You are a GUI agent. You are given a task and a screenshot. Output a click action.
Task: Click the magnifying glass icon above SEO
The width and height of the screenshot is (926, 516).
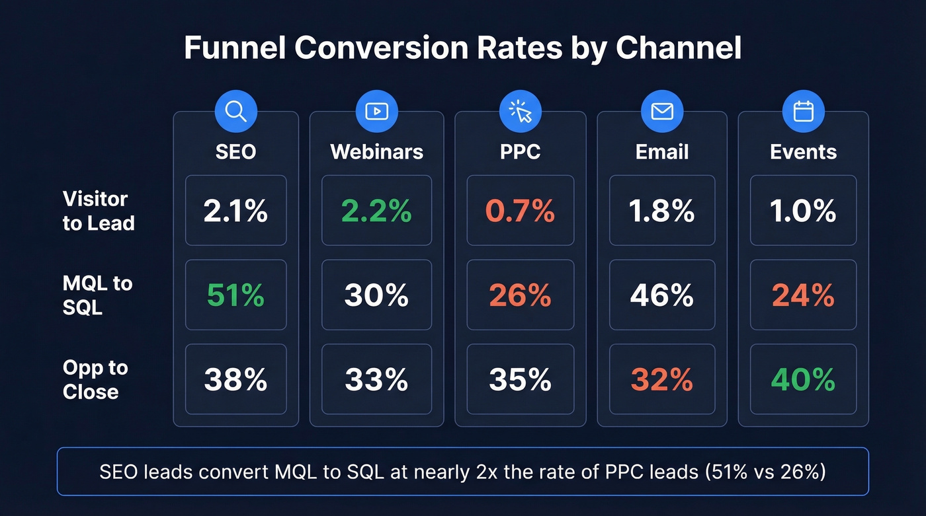coord(235,111)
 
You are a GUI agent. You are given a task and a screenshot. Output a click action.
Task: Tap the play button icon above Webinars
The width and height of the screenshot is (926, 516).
coord(376,111)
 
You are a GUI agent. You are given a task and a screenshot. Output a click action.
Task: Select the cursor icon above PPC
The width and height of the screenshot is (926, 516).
coord(521,112)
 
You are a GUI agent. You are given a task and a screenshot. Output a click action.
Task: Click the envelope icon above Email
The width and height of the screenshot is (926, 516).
coord(662,111)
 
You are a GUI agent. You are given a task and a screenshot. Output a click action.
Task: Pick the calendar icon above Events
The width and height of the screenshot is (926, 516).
coord(803,111)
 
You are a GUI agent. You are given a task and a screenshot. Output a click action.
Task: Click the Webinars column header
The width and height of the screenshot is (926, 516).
coord(376,151)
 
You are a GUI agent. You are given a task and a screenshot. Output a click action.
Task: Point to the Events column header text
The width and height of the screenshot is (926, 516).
coord(803,151)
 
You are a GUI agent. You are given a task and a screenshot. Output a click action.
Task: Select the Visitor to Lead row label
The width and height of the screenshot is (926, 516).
coord(99,211)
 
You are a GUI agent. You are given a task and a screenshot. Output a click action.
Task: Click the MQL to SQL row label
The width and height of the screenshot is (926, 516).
coord(97,295)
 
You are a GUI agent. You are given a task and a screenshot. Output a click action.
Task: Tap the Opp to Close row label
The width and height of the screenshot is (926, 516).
coord(95,379)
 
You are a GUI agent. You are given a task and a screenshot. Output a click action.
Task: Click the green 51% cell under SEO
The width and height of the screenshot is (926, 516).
coord(235,295)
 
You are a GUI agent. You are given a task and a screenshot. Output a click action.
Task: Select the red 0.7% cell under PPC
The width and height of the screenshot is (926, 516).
coord(521,211)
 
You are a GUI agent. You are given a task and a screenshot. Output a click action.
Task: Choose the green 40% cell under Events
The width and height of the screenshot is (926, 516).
coord(803,379)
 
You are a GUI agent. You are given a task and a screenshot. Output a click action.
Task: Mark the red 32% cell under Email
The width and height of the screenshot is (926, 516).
coord(662,379)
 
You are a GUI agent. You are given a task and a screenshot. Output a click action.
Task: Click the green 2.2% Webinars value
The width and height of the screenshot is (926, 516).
coord(376,211)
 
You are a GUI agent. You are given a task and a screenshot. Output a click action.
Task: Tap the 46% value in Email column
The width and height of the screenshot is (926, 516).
coord(662,295)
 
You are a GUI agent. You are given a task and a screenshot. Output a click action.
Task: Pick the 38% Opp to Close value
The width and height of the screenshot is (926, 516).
coord(235,379)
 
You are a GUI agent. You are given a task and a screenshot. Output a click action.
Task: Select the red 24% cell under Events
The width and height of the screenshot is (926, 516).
coord(803,295)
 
